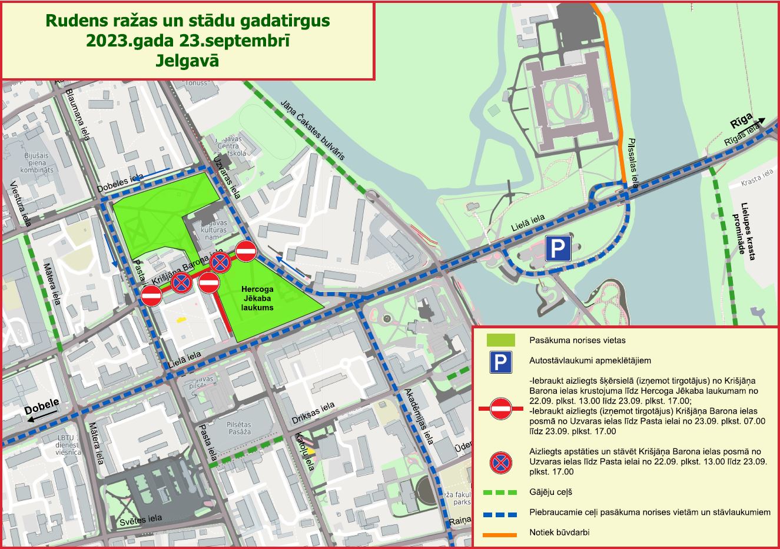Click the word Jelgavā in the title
tap(188, 61)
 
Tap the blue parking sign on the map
tap(557, 249)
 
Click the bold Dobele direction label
tap(42, 407)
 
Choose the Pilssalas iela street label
tap(633, 163)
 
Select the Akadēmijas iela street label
tap(419, 416)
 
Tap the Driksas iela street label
tap(313, 414)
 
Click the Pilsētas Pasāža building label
tap(238, 428)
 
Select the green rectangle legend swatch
tap(500, 340)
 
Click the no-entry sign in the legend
tap(500, 408)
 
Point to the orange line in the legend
tap(500, 534)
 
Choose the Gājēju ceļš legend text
tap(550, 492)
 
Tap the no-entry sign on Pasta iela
tap(151, 295)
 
